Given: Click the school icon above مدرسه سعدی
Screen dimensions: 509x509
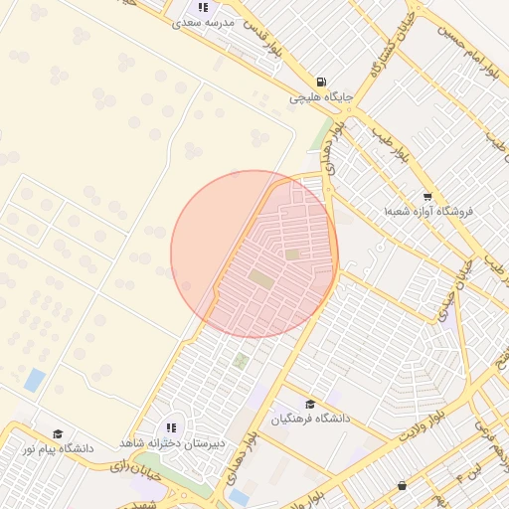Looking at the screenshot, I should click(x=204, y=7).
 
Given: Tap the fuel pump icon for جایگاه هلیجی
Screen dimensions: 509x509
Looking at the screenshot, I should click(x=320, y=83).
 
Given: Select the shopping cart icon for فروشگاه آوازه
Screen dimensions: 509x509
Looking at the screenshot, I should click(x=427, y=197).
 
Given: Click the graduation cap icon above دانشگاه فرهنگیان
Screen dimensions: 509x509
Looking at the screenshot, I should click(x=312, y=405).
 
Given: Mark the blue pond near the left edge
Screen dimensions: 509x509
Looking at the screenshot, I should click(x=36, y=380).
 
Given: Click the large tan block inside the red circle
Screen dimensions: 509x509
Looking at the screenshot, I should click(x=260, y=276).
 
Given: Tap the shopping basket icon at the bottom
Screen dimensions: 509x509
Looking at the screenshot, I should click(x=402, y=486).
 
